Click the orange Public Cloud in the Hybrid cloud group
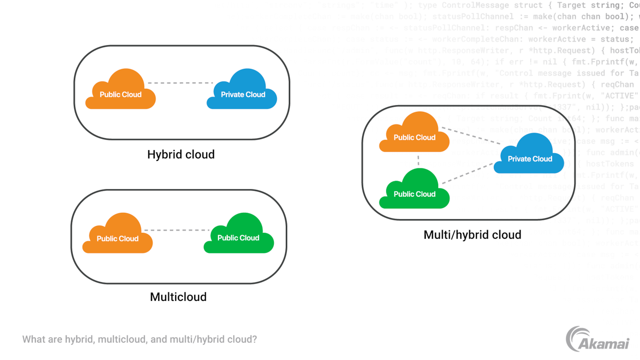click(120, 91)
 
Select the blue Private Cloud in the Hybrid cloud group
click(242, 91)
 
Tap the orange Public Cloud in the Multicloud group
click(118, 235)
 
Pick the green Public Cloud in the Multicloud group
click(239, 235)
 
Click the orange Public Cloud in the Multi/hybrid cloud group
click(414, 134)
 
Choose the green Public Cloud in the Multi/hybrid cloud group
click(414, 191)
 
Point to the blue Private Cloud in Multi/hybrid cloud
click(529, 156)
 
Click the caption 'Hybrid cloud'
click(181, 155)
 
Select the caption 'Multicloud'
click(178, 297)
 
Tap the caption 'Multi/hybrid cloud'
click(472, 235)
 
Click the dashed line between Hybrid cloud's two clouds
click(180, 83)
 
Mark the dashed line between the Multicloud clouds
click(177, 230)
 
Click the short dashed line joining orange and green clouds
click(418, 160)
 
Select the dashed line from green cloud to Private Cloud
click(468, 173)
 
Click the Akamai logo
click(597, 339)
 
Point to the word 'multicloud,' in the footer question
click(122, 340)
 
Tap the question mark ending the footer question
click(255, 340)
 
